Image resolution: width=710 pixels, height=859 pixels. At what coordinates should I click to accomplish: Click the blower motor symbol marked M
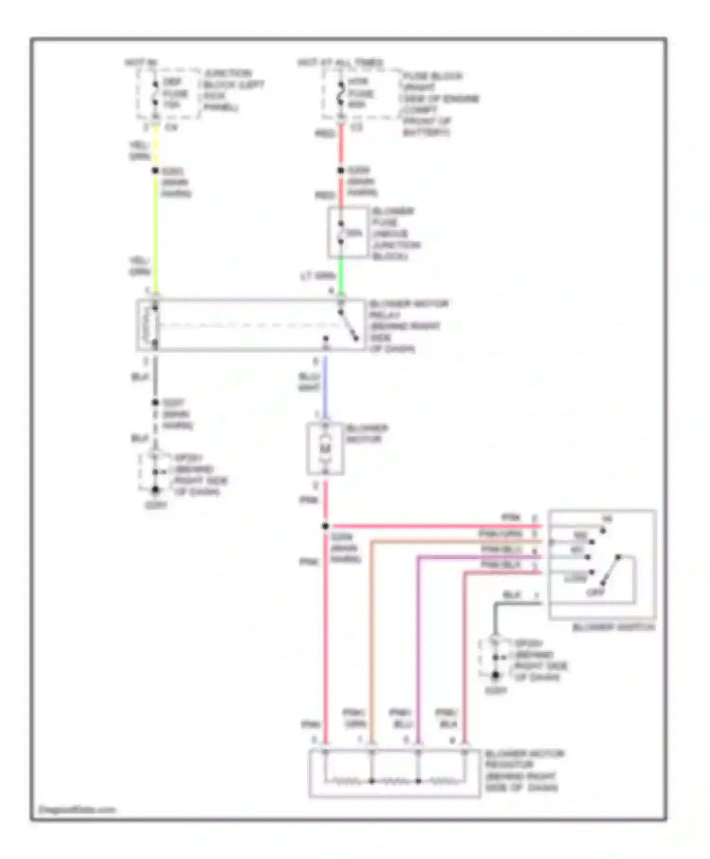pos(325,448)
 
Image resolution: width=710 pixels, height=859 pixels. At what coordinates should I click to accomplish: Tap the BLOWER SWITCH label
pos(613,627)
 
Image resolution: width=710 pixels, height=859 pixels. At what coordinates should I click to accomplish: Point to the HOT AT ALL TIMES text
pos(340,63)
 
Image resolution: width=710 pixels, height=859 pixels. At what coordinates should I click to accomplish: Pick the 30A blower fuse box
pos(348,233)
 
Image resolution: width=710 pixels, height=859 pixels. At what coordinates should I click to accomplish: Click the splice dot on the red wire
pos(340,170)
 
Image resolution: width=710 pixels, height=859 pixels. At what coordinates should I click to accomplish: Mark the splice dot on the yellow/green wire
pos(155,170)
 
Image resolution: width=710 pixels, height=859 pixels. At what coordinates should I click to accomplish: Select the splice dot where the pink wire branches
pos(325,526)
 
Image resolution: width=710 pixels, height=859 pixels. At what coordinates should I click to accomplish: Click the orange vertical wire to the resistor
pos(372,639)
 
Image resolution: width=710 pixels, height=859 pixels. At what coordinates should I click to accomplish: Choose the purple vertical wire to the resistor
pos(418,649)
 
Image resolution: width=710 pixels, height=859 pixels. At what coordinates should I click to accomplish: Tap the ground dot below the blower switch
pos(495,675)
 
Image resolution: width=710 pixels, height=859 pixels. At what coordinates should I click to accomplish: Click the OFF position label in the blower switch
pos(595,592)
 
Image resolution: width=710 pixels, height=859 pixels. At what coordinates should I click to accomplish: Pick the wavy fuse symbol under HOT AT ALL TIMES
pos(340,93)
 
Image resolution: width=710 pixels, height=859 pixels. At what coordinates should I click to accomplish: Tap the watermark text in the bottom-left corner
pos(77,810)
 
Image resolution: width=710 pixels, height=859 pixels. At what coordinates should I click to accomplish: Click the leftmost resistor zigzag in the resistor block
pos(348,781)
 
